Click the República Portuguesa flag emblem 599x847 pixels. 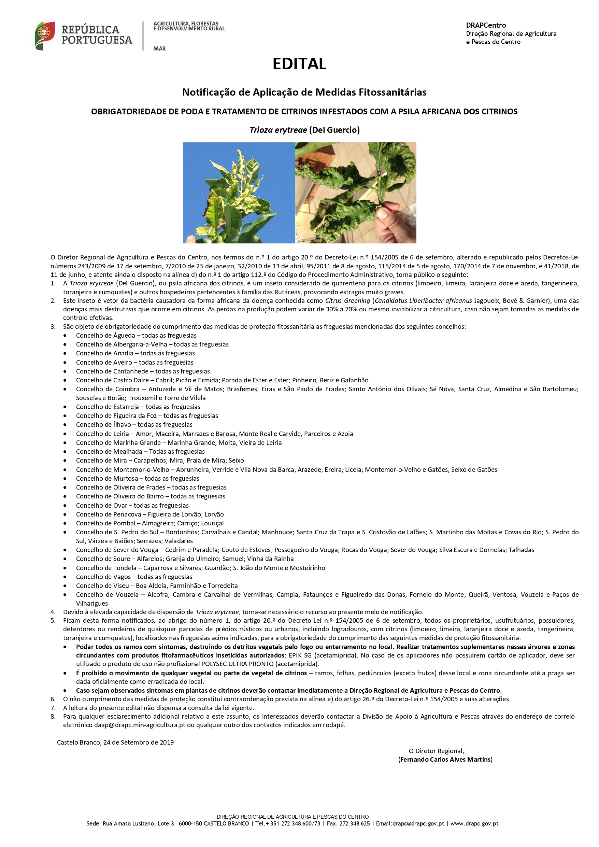[45, 36]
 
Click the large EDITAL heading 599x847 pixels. [299, 64]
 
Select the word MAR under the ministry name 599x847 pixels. [159, 49]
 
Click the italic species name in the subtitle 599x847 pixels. [278, 130]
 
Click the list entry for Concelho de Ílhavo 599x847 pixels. [134, 425]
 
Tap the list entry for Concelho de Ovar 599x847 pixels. [132, 505]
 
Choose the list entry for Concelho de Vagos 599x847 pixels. [134, 577]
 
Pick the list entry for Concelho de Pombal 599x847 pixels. [149, 523]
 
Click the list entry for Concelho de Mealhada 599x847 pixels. [140, 452]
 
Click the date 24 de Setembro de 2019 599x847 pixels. [138, 742]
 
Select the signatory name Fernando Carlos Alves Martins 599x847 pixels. [445, 759]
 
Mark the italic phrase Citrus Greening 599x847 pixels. [347, 301]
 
